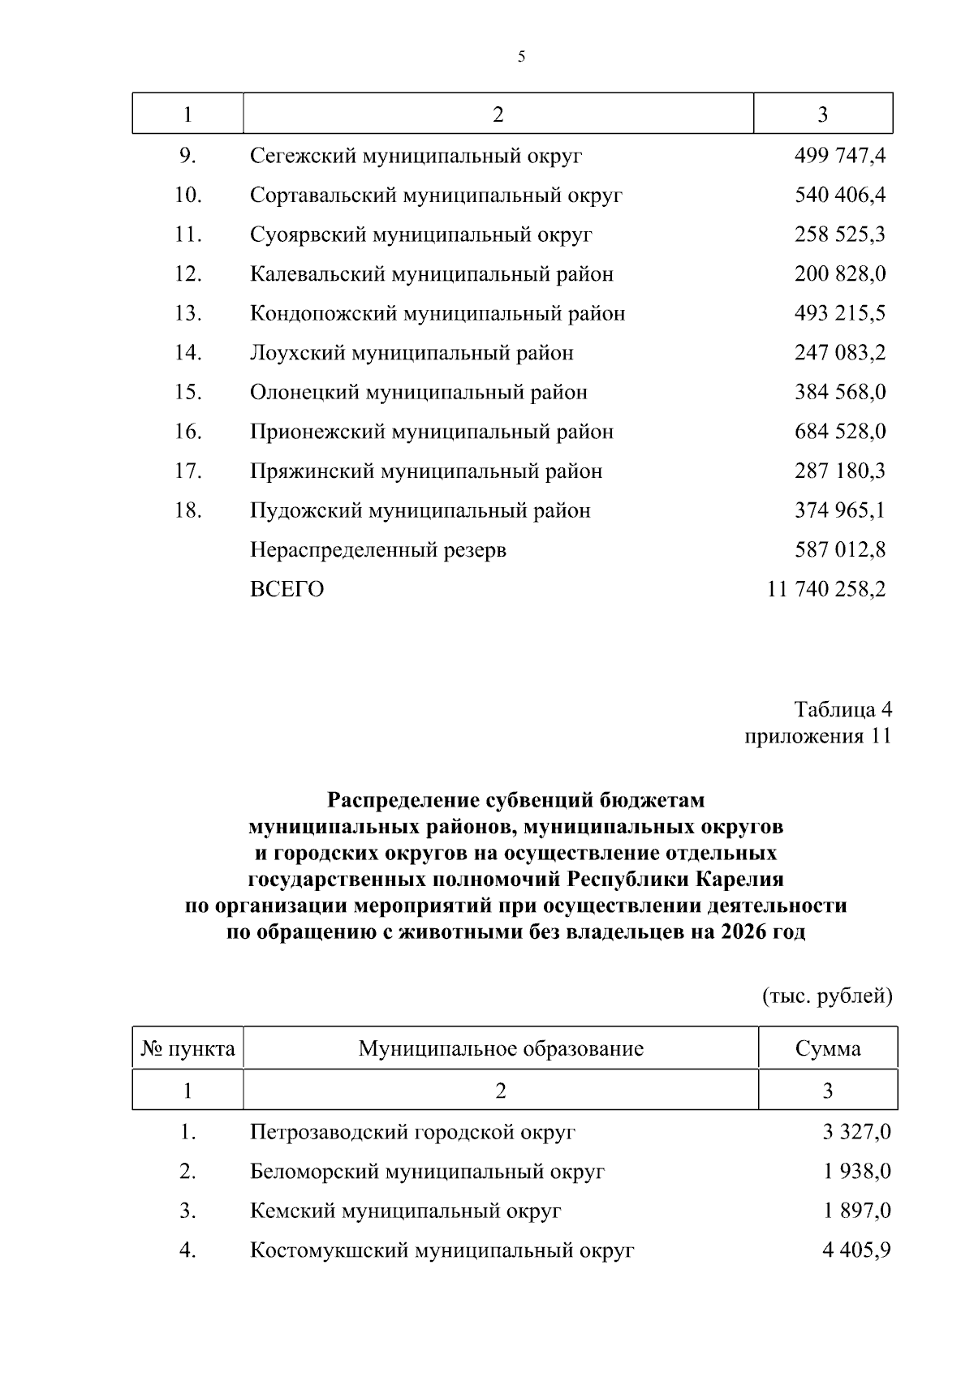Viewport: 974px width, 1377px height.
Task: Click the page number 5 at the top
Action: (521, 56)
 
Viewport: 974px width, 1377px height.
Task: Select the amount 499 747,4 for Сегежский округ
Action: (839, 156)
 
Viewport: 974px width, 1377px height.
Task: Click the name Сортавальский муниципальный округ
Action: (436, 196)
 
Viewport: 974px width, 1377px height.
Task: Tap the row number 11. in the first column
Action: (187, 235)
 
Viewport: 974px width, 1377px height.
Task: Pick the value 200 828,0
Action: (839, 274)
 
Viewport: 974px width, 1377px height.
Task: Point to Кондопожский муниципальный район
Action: (437, 313)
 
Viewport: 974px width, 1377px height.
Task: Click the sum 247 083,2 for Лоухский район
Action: (839, 353)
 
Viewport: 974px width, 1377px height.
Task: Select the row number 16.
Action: (187, 432)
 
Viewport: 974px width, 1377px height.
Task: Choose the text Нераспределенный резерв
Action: (377, 550)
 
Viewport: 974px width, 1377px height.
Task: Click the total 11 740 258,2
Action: (825, 589)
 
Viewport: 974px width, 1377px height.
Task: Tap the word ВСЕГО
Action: (287, 590)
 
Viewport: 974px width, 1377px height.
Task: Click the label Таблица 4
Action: (843, 710)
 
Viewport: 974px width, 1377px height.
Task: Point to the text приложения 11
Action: (817, 737)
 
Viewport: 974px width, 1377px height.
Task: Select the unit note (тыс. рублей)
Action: (827, 996)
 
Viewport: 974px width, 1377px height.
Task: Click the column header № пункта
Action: (187, 1049)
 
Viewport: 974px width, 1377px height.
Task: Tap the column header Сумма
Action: (827, 1049)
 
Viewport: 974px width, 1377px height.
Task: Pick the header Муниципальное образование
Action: (501, 1049)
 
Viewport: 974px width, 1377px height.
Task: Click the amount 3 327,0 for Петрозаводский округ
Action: (855, 1132)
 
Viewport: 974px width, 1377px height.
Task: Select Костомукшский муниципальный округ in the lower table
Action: (442, 1250)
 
